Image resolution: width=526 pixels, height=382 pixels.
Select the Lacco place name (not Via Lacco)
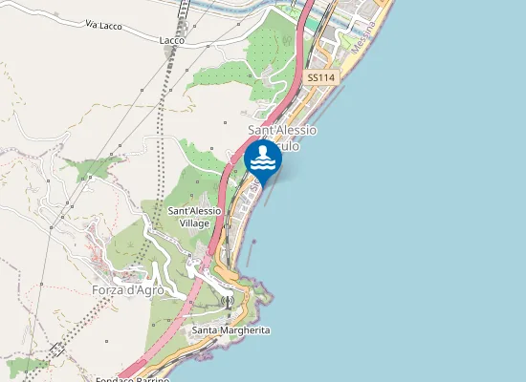(x=173, y=40)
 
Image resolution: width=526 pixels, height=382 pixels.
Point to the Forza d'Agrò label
(x=128, y=290)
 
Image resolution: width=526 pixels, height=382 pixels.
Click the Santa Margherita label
(x=230, y=329)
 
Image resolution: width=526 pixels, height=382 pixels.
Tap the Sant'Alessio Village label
(x=195, y=216)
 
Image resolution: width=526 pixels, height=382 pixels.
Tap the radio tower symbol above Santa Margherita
(x=228, y=302)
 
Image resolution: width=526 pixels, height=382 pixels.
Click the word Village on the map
(x=194, y=223)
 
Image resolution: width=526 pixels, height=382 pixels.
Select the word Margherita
(x=245, y=329)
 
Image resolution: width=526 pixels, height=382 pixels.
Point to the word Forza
(x=109, y=290)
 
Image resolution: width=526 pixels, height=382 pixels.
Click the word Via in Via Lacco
(x=93, y=23)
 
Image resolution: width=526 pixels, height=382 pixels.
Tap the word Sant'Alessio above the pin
(x=282, y=129)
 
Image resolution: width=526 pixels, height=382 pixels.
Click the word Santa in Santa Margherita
(x=205, y=329)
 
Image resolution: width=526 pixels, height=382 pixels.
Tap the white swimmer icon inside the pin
(x=262, y=159)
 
